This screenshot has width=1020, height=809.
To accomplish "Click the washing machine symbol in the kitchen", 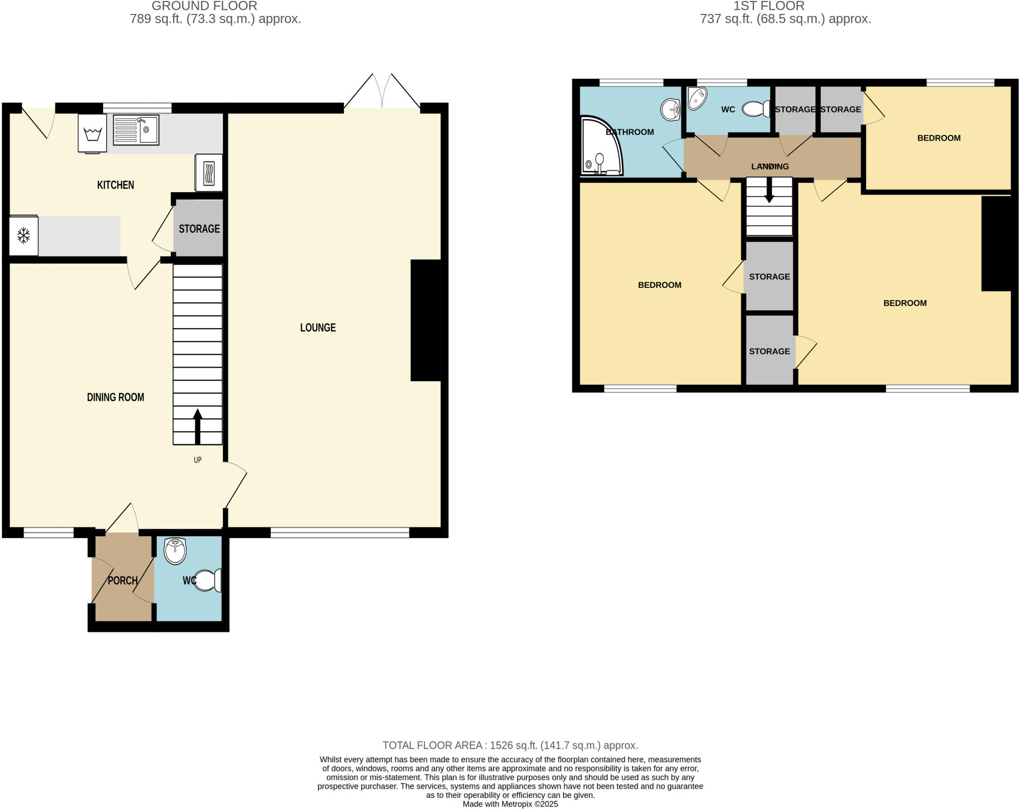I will point(93,133).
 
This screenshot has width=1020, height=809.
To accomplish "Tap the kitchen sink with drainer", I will point(136,130).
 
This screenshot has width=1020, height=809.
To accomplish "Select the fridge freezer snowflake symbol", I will point(23,235).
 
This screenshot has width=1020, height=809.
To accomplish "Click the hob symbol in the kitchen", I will point(209,173).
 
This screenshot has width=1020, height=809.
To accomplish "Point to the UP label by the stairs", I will point(198,460).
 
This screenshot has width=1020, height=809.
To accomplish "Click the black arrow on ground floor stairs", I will point(198,426).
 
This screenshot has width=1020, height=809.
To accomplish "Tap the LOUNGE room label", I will point(318,328).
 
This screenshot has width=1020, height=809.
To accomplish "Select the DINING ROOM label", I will point(116,397).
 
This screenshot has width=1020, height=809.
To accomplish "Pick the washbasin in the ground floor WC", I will point(175,551).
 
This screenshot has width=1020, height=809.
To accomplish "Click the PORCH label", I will point(123,580).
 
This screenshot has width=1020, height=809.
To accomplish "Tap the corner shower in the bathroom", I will point(600,147).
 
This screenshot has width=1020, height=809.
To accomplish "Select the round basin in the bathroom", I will point(670,110).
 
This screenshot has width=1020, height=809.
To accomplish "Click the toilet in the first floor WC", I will point(757,109).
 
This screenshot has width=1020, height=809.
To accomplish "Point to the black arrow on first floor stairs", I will point(769,190).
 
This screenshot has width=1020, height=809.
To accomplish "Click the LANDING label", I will point(770,166).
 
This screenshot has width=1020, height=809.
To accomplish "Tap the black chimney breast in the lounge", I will point(425,320).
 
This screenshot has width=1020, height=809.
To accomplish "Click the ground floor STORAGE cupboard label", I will point(199,229).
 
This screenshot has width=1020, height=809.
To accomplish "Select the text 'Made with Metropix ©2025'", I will point(510,804).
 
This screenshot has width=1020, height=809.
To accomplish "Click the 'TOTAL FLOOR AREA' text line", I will point(510,745).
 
